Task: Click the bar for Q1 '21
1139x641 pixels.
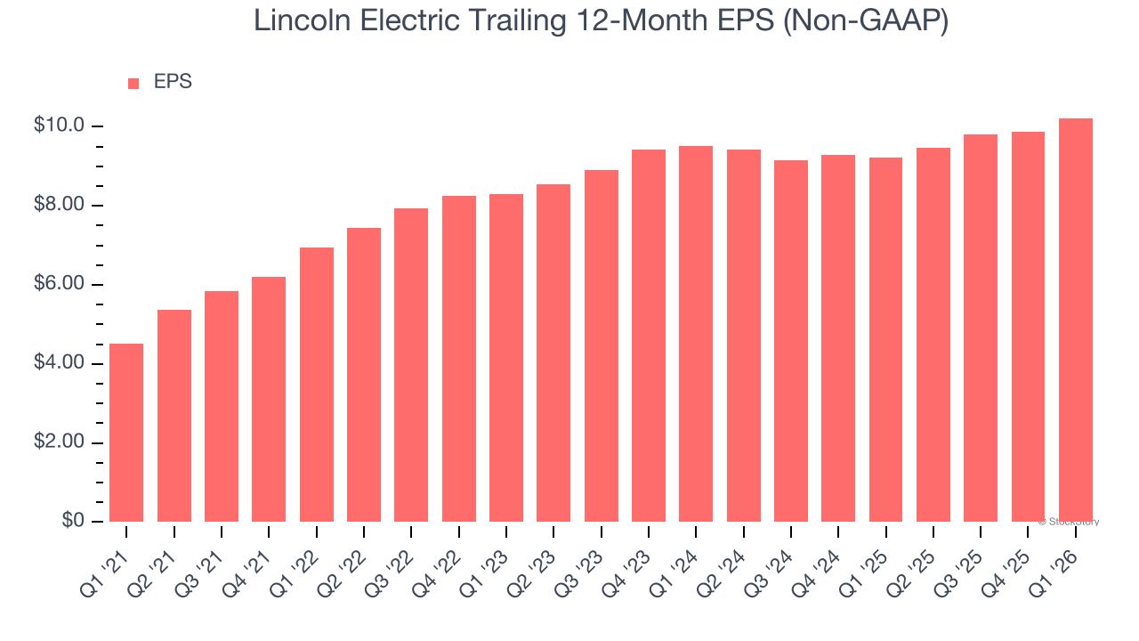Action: tap(126, 433)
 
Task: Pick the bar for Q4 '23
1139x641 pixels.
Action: tap(649, 336)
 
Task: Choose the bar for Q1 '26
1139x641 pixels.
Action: tap(1076, 320)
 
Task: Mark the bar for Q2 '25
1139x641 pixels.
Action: tap(933, 335)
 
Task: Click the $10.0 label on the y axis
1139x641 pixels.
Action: tap(59, 126)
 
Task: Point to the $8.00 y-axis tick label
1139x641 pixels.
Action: tap(59, 205)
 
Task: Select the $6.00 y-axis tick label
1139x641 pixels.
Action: tap(59, 284)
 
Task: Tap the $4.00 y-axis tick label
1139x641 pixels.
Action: tap(59, 363)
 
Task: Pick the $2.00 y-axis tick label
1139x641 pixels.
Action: tap(59, 442)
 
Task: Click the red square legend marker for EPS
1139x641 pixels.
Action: tap(133, 84)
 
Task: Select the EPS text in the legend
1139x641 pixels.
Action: tap(173, 82)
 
